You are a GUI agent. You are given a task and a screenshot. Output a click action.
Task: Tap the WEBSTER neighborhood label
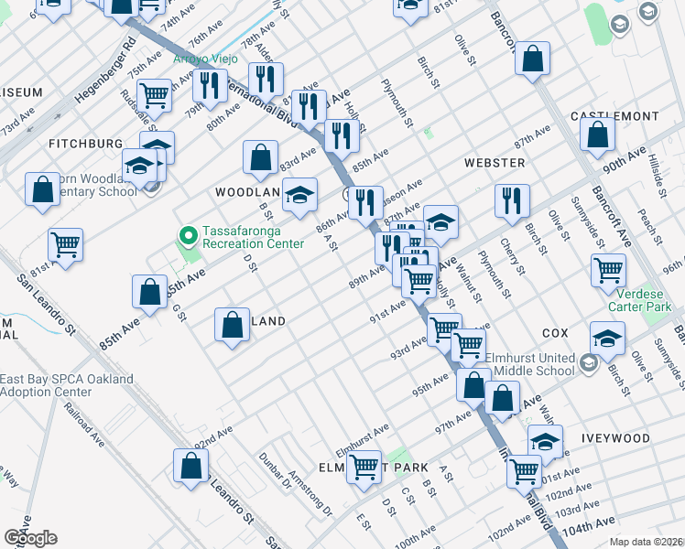[x=495, y=163]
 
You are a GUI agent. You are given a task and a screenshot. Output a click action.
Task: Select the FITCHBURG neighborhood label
[x=85, y=145]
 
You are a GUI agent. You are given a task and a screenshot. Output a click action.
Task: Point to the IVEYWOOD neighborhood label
[x=614, y=439]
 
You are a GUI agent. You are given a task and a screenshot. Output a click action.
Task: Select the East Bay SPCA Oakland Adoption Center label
[x=66, y=385]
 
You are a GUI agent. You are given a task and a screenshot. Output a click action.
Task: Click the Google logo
[x=29, y=538]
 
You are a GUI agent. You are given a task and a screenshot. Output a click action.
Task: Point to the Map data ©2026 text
[x=647, y=542]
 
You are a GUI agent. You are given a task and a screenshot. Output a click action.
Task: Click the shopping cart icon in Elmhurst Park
[x=364, y=467]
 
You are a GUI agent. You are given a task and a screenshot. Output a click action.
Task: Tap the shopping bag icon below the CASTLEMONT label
[x=597, y=135]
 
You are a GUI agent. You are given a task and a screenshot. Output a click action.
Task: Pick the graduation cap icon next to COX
[x=607, y=338]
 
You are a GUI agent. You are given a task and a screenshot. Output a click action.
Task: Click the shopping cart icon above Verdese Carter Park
[x=608, y=270]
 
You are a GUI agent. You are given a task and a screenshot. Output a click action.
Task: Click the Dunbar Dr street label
[x=274, y=471]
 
